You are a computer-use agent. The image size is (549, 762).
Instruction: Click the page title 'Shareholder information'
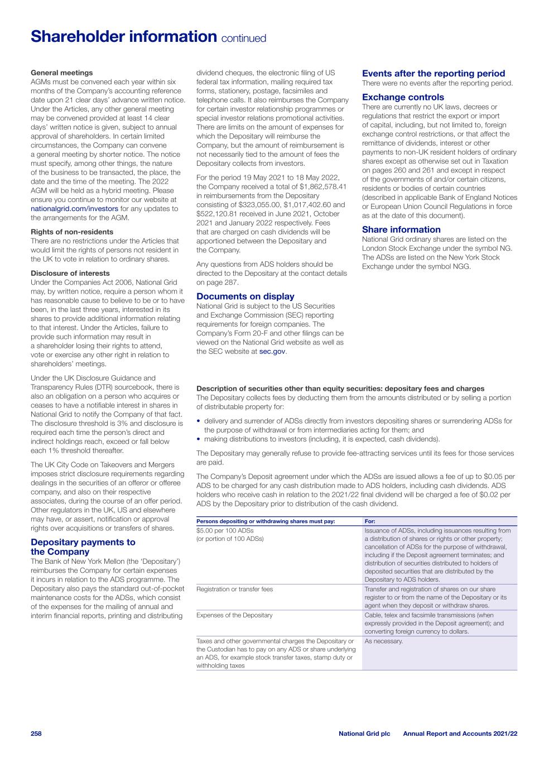[123, 37]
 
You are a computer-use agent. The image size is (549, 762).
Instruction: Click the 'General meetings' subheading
[61, 73]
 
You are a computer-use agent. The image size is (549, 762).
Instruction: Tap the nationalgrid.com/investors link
[74, 209]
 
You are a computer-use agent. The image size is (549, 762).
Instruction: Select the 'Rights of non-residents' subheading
[71, 232]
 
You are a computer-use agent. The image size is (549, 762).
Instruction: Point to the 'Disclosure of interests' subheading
[70, 274]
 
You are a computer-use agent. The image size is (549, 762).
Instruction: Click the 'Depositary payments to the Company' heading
[83, 547]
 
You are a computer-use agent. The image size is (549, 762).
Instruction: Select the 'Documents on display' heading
[245, 296]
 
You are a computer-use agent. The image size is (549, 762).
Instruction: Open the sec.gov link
[272, 351]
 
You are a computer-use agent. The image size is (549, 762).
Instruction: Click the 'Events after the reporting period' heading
[434, 74]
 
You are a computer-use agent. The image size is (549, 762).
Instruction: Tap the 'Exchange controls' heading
[403, 97]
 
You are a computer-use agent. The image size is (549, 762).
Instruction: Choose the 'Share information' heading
[401, 229]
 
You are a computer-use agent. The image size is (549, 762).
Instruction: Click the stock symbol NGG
[461, 266]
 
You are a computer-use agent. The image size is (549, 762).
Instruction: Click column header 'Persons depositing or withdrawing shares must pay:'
[266, 521]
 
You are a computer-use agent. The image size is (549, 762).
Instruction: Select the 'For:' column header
[370, 521]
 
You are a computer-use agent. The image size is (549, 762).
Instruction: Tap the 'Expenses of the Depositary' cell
[234, 615]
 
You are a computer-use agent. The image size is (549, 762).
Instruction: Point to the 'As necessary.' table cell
[383, 641]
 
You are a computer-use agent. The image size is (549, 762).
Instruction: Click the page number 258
[36, 733]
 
